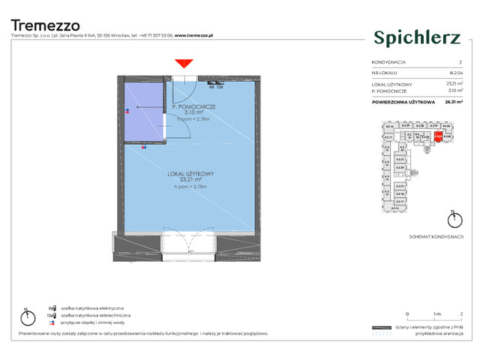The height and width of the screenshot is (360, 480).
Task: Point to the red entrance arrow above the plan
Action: point(181,66)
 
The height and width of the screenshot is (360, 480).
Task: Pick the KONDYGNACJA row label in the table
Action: point(388,62)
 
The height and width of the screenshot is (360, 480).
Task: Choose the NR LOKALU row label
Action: point(384,73)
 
